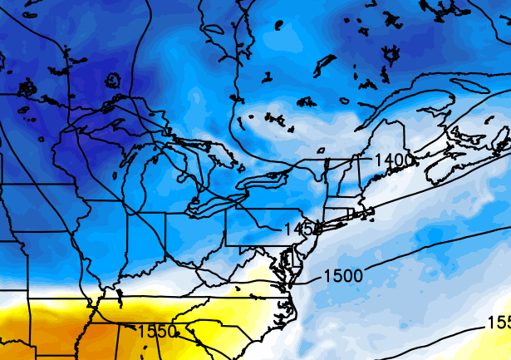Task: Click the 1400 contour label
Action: pyautogui.click(x=394, y=159)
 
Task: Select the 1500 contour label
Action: pyautogui.click(x=342, y=275)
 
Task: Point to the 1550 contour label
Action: pyautogui.click(x=157, y=332)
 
